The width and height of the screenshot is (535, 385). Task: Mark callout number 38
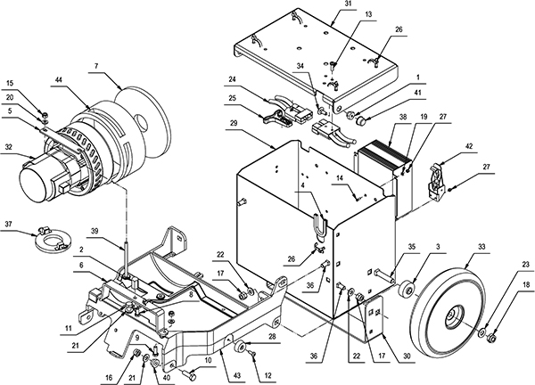(x=379, y=117)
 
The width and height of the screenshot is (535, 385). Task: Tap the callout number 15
(x=23, y=85)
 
